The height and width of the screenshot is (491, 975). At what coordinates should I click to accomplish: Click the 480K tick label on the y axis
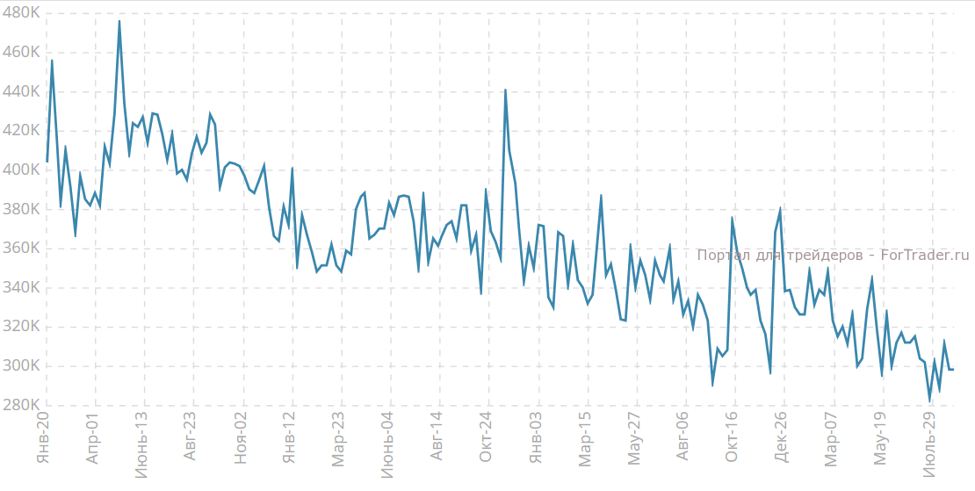click(x=21, y=13)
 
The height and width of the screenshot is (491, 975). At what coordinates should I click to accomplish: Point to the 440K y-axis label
click(x=21, y=91)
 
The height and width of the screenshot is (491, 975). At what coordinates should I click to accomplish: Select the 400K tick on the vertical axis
click(x=21, y=170)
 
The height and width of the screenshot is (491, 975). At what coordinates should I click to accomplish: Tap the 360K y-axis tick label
click(x=21, y=249)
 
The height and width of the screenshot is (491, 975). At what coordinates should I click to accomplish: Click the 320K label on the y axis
click(x=21, y=327)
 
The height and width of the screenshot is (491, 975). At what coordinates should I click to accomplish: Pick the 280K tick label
click(x=21, y=405)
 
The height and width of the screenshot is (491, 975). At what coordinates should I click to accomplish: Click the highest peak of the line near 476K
click(x=119, y=21)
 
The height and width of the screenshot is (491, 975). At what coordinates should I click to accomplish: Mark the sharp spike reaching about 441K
click(x=505, y=90)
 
